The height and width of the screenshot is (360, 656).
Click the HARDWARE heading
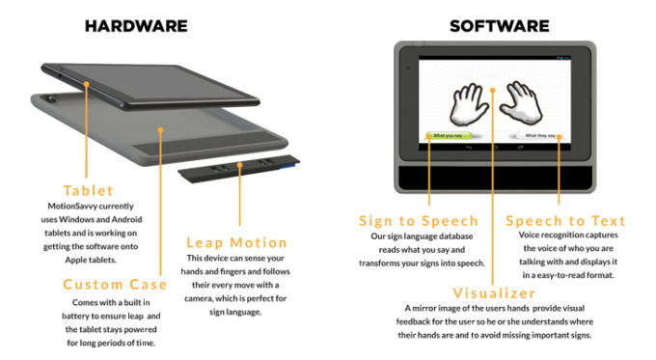click(136, 26)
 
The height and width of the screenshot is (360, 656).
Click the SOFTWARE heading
click(499, 26)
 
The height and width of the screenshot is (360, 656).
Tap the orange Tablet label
click(89, 190)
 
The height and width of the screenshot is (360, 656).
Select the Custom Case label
click(115, 284)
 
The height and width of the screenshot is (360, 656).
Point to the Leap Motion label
click(236, 242)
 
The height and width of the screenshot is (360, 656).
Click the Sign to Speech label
click(419, 221)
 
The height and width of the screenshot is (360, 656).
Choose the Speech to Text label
click(565, 221)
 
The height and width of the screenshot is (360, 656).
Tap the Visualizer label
click(494, 293)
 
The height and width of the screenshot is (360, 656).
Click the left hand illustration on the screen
click(468, 104)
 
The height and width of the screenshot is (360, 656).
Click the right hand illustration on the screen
click(521, 103)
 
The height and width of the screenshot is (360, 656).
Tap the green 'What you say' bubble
click(448, 136)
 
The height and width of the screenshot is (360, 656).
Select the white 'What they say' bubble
click(539, 136)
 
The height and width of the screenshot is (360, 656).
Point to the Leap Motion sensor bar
click(239, 168)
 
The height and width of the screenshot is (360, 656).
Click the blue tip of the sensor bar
click(287, 167)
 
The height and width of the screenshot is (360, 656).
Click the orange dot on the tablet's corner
click(86, 84)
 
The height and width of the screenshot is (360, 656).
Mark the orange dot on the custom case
click(160, 130)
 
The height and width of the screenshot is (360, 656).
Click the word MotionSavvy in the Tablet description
click(72, 206)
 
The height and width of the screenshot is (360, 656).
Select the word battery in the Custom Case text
click(75, 316)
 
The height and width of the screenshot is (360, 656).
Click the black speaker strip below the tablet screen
click(495, 178)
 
